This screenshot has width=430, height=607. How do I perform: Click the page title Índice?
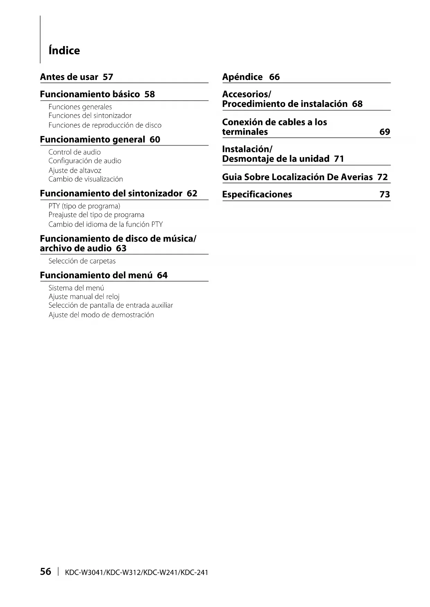[x=64, y=51]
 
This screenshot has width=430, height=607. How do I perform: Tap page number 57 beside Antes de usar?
[x=108, y=77]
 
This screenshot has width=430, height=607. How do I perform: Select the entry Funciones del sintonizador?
[x=90, y=116]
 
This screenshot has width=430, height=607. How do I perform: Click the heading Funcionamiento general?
[x=92, y=139]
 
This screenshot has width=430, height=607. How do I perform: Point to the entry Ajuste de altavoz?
[x=75, y=170]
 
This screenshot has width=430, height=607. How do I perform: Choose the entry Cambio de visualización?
[x=86, y=179]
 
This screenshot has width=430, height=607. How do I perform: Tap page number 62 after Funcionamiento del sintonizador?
[x=192, y=193]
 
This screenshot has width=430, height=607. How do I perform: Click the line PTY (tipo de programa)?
[x=84, y=206]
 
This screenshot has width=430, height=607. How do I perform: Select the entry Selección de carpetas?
[x=82, y=261]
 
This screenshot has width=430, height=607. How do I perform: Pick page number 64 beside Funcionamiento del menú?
[x=162, y=275]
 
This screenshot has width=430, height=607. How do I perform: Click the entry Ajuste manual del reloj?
[x=84, y=297]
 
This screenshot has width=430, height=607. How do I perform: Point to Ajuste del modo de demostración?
[x=101, y=315]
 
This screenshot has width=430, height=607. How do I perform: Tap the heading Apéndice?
[x=242, y=77]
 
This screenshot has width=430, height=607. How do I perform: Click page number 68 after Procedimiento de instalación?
[x=357, y=104]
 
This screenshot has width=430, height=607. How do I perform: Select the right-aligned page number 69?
[x=385, y=132]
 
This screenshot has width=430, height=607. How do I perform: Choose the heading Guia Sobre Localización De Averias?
[x=297, y=177]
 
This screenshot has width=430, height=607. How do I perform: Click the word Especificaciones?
[x=257, y=194]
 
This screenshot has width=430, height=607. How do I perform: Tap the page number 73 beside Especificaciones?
[x=385, y=194]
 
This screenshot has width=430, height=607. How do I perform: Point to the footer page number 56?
[x=45, y=571]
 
